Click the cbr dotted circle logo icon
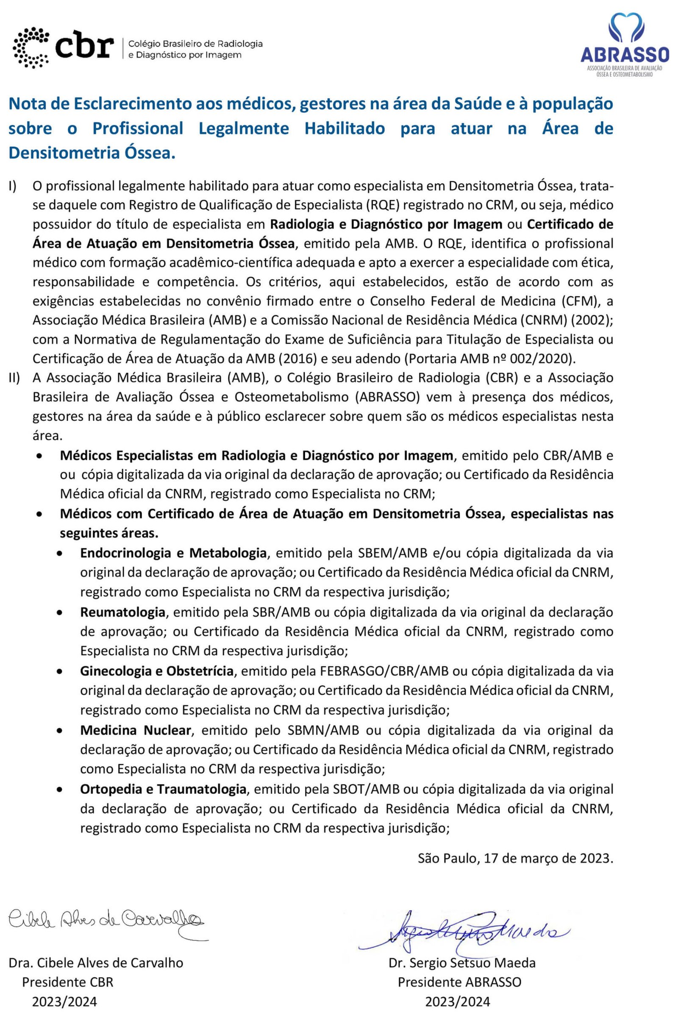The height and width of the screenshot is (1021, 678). pos(31,47)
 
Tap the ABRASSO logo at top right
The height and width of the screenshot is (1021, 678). pos(624,43)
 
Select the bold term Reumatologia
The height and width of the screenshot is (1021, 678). pos(122,612)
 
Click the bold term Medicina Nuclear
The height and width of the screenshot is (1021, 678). pos(135,730)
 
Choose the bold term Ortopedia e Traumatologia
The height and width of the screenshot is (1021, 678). pos(163,790)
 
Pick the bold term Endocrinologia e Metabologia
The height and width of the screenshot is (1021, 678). pos(173,553)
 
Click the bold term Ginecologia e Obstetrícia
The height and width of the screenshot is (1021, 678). pos(156,671)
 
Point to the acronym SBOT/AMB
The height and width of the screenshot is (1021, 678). pos(366,790)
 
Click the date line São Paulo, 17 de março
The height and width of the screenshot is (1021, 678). pos(515,858)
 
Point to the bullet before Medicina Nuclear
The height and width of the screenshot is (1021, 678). pos(61,731)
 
